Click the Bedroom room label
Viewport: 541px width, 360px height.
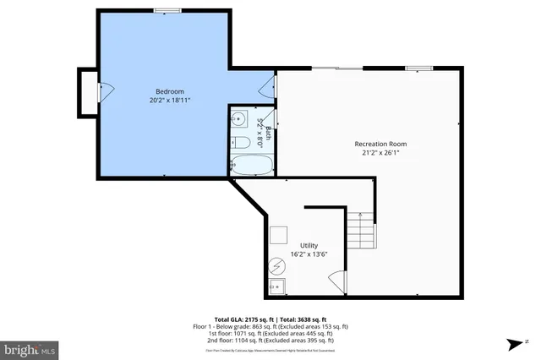tap(169, 91)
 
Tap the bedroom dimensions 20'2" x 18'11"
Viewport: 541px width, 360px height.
tap(169, 100)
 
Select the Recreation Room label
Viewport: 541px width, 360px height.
tap(375, 144)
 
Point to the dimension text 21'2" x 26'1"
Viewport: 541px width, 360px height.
tap(375, 153)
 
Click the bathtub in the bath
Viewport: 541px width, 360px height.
tap(251, 164)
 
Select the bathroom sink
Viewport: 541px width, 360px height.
tap(238, 118)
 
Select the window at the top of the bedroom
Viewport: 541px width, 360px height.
tap(167, 10)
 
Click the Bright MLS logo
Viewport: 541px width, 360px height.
tap(30, 347)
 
